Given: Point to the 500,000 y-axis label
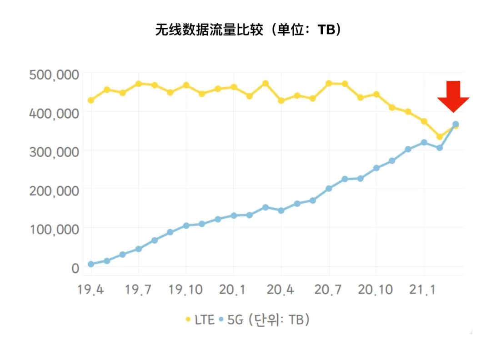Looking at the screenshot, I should (x=54, y=75).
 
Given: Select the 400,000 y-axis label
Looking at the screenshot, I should (x=54, y=113).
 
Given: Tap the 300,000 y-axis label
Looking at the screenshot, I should (x=54, y=152).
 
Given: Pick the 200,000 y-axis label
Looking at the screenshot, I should (x=54, y=190).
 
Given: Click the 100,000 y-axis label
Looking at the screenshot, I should (x=54, y=229).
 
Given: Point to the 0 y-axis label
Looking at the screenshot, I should (x=75, y=268).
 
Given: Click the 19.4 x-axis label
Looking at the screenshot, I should (x=91, y=290).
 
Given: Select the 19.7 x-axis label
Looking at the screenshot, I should (x=139, y=290).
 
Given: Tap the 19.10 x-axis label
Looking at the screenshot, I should (x=186, y=290).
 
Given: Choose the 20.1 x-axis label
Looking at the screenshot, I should (x=233, y=290).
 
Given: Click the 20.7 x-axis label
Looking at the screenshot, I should (x=328, y=290).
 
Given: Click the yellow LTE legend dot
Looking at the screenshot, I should (x=188, y=320).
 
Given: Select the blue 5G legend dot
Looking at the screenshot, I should (x=221, y=320).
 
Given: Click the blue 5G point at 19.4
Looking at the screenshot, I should (x=91, y=264).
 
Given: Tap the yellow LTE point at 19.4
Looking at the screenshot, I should (x=91, y=100).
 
